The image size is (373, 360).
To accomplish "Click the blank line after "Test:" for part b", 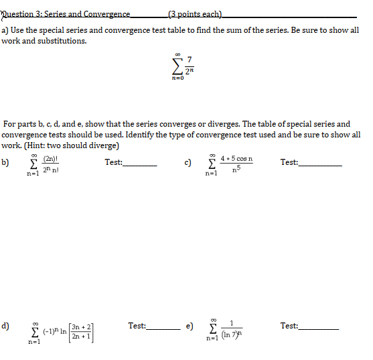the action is [x=140, y=165].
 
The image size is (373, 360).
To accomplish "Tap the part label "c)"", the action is [x=189, y=162].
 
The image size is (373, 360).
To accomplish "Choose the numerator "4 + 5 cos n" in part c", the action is [x=234, y=160].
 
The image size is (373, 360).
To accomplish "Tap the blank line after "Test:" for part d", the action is [x=163, y=329].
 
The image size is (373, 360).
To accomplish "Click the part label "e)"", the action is [x=190, y=326].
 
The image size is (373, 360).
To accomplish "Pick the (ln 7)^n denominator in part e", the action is [x=230, y=337].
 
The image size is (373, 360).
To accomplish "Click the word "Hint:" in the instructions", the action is [x=36, y=145].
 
